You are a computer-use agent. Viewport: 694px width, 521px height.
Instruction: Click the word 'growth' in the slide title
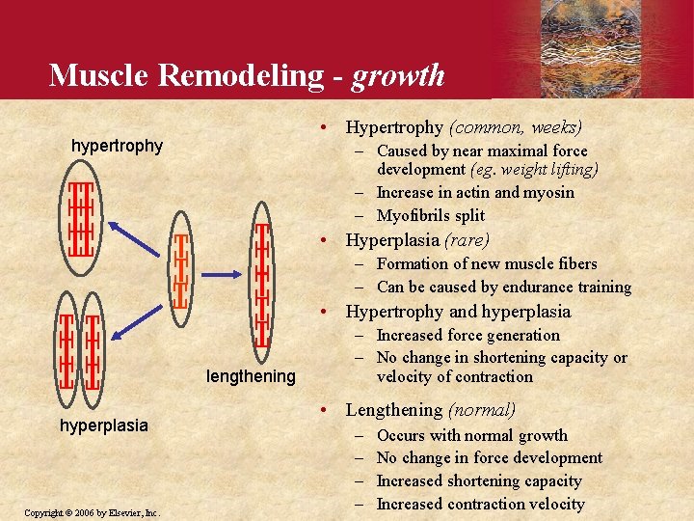(398, 74)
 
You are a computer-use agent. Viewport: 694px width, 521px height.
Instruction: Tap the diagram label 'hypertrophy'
(118, 147)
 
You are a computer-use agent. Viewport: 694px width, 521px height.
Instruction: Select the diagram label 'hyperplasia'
(104, 425)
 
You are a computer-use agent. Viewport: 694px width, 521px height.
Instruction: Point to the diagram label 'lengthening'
(251, 376)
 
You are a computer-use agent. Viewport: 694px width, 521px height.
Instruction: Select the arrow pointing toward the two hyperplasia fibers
(135, 322)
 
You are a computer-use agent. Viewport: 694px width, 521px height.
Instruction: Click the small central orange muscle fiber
(179, 273)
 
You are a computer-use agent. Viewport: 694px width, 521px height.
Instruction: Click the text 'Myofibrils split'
(431, 215)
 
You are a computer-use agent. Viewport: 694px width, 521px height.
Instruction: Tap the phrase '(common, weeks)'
(516, 126)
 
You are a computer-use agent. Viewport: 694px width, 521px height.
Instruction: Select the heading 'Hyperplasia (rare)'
(417, 240)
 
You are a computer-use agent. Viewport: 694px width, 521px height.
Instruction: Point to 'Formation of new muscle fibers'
(487, 263)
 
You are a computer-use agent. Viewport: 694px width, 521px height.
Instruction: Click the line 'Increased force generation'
(467, 335)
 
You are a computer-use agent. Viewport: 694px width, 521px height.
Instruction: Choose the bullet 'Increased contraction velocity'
(480, 504)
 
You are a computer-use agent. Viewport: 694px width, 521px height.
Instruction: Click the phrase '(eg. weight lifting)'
(534, 170)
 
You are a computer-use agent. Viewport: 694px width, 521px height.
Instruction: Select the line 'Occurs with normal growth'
(472, 435)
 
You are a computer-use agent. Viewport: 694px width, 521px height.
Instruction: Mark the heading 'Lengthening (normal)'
(431, 409)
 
